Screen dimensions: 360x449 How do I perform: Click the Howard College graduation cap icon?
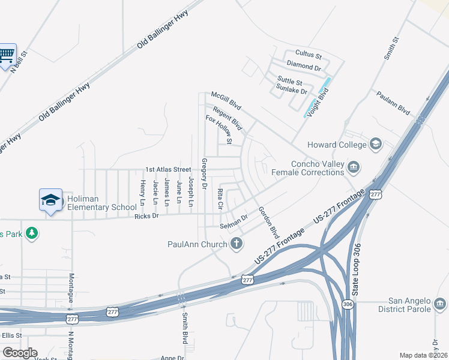pos(376,144)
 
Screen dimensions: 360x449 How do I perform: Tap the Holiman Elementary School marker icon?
pos(51,200)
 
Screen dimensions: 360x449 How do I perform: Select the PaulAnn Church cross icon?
pos(237,244)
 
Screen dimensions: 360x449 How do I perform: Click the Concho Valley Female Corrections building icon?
pos(354,167)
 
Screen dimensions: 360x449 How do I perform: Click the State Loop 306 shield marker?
pos(349,305)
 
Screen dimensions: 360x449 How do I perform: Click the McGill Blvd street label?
pos(226,101)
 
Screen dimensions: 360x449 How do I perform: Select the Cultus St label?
pos(309,55)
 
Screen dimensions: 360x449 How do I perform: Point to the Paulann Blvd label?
pos(393,103)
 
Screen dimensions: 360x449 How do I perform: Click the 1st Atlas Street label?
pos(167,170)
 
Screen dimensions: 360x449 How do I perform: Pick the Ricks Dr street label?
pos(146,216)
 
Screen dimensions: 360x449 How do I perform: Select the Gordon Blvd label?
pos(268,221)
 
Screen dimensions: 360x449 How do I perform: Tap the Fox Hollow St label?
pos(218,129)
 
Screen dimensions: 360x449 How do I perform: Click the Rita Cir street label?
pos(220,199)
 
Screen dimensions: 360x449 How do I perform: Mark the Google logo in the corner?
pos(20,353)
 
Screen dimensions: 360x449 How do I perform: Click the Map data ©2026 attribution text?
pos(423,355)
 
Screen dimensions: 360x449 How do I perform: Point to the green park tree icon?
pos(32,232)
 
